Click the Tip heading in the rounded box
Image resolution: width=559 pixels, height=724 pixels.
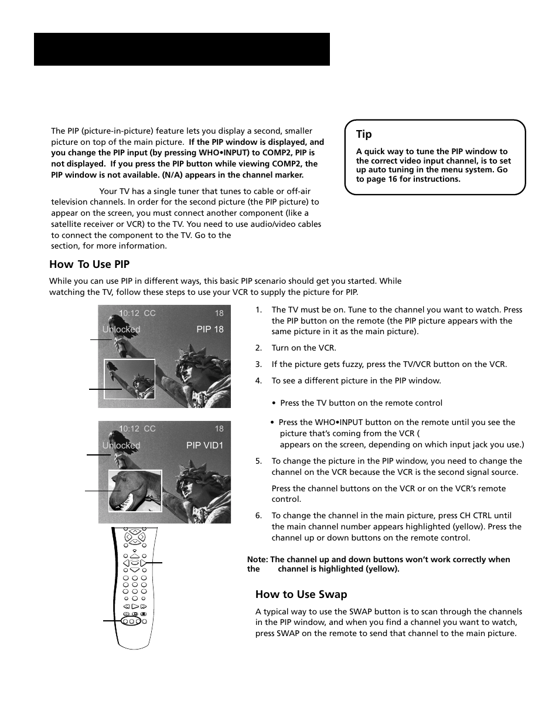click(x=364, y=134)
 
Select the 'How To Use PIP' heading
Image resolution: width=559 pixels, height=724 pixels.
click(x=89, y=264)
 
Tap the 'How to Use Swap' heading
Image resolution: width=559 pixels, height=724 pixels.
click(x=301, y=594)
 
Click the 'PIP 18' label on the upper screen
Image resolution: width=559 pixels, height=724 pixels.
click(x=210, y=329)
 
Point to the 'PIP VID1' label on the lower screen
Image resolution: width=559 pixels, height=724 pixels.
click(x=204, y=446)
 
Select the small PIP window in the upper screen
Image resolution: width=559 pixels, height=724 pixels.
click(x=129, y=379)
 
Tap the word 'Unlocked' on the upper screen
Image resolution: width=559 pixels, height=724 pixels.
click(x=121, y=329)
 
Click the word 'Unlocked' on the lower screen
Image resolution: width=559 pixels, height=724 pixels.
click(x=121, y=446)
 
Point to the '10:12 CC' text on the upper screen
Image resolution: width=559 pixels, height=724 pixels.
click(x=137, y=313)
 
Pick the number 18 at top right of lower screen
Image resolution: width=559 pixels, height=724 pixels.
click(x=219, y=429)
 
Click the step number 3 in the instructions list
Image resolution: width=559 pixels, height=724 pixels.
click(x=258, y=364)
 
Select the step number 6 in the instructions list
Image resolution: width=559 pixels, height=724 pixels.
click(x=258, y=516)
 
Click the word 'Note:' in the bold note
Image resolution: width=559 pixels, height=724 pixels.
click(x=258, y=560)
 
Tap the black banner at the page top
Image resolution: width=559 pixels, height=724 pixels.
click(x=182, y=49)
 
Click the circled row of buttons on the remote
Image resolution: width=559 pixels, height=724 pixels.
click(x=131, y=620)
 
